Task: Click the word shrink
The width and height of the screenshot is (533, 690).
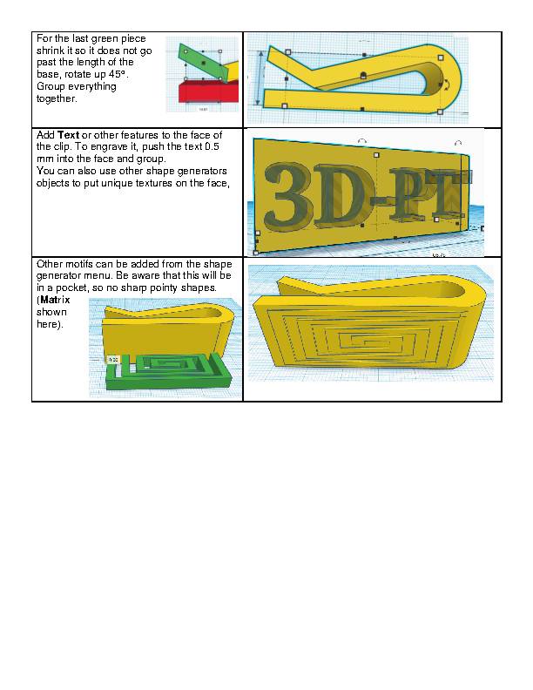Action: pos(51,50)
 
